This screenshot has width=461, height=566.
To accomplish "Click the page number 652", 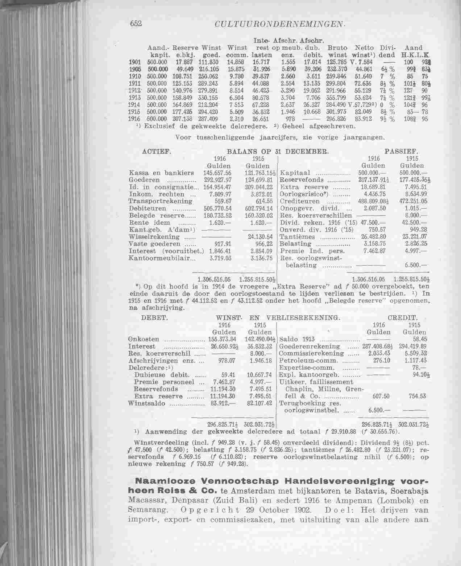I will click(135, 23).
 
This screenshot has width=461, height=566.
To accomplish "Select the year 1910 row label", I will click(135, 77).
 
